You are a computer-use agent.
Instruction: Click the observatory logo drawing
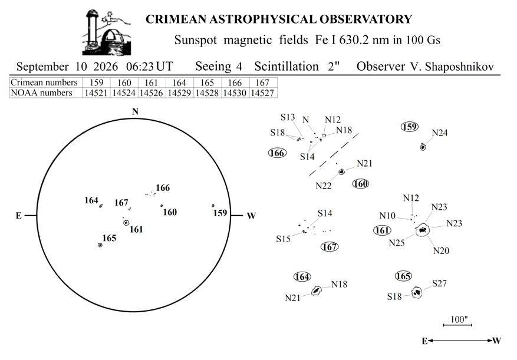pyautogui.click(x=107, y=32)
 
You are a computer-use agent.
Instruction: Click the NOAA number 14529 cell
pyautogui.click(x=179, y=93)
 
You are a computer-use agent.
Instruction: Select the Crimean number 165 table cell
pyautogui.click(x=207, y=82)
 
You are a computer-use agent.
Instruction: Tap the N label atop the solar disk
pyautogui.click(x=135, y=112)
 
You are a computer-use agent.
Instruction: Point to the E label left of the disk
pyautogui.click(x=19, y=216)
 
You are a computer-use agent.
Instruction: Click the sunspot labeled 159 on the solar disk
pyautogui.click(x=213, y=206)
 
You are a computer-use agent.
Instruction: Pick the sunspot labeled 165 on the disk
pyautogui.click(x=100, y=245)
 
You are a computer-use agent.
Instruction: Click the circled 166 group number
pyautogui.click(x=277, y=153)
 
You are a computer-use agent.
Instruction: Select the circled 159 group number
pyautogui.click(x=410, y=127)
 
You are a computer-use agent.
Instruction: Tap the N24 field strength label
pyautogui.click(x=440, y=133)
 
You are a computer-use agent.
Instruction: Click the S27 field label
pyautogui.click(x=440, y=283)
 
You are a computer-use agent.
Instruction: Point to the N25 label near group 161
pyautogui.click(x=397, y=243)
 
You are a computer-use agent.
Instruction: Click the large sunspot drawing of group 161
pyautogui.click(x=422, y=230)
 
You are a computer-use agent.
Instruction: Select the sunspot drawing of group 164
pyautogui.click(x=317, y=290)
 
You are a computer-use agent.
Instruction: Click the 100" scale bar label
pyautogui.click(x=459, y=319)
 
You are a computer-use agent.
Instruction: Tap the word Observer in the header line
pyautogui.click(x=381, y=67)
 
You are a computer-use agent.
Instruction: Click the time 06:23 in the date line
pyautogui.click(x=140, y=67)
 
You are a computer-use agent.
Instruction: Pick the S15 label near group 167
pyautogui.click(x=283, y=239)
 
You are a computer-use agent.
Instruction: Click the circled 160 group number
pyautogui.click(x=361, y=184)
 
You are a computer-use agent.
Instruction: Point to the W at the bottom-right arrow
pyautogui.click(x=497, y=341)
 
